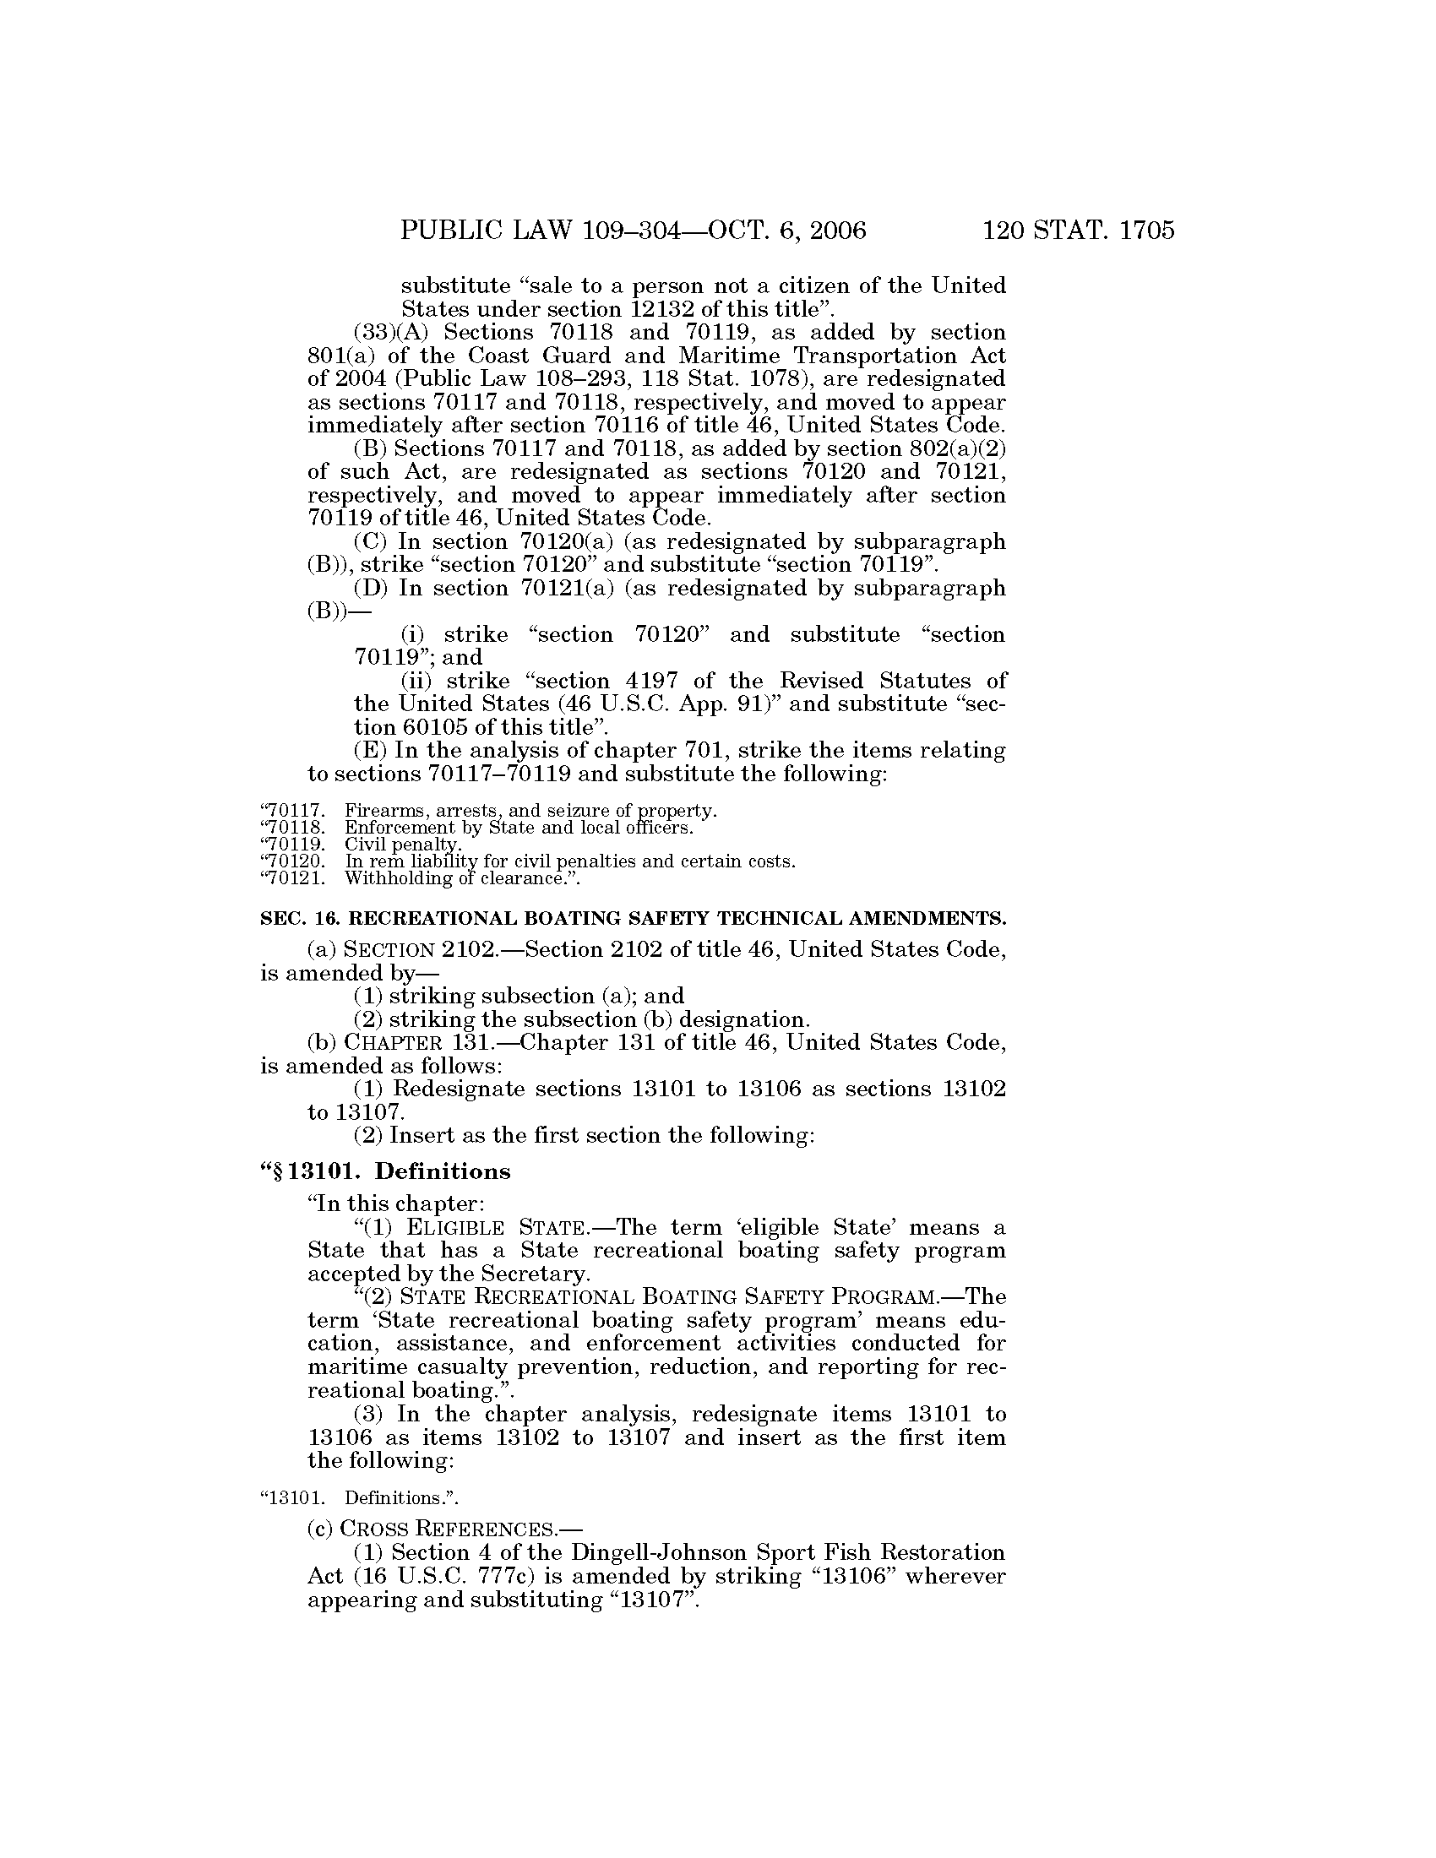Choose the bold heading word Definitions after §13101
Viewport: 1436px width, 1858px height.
(443, 1171)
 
